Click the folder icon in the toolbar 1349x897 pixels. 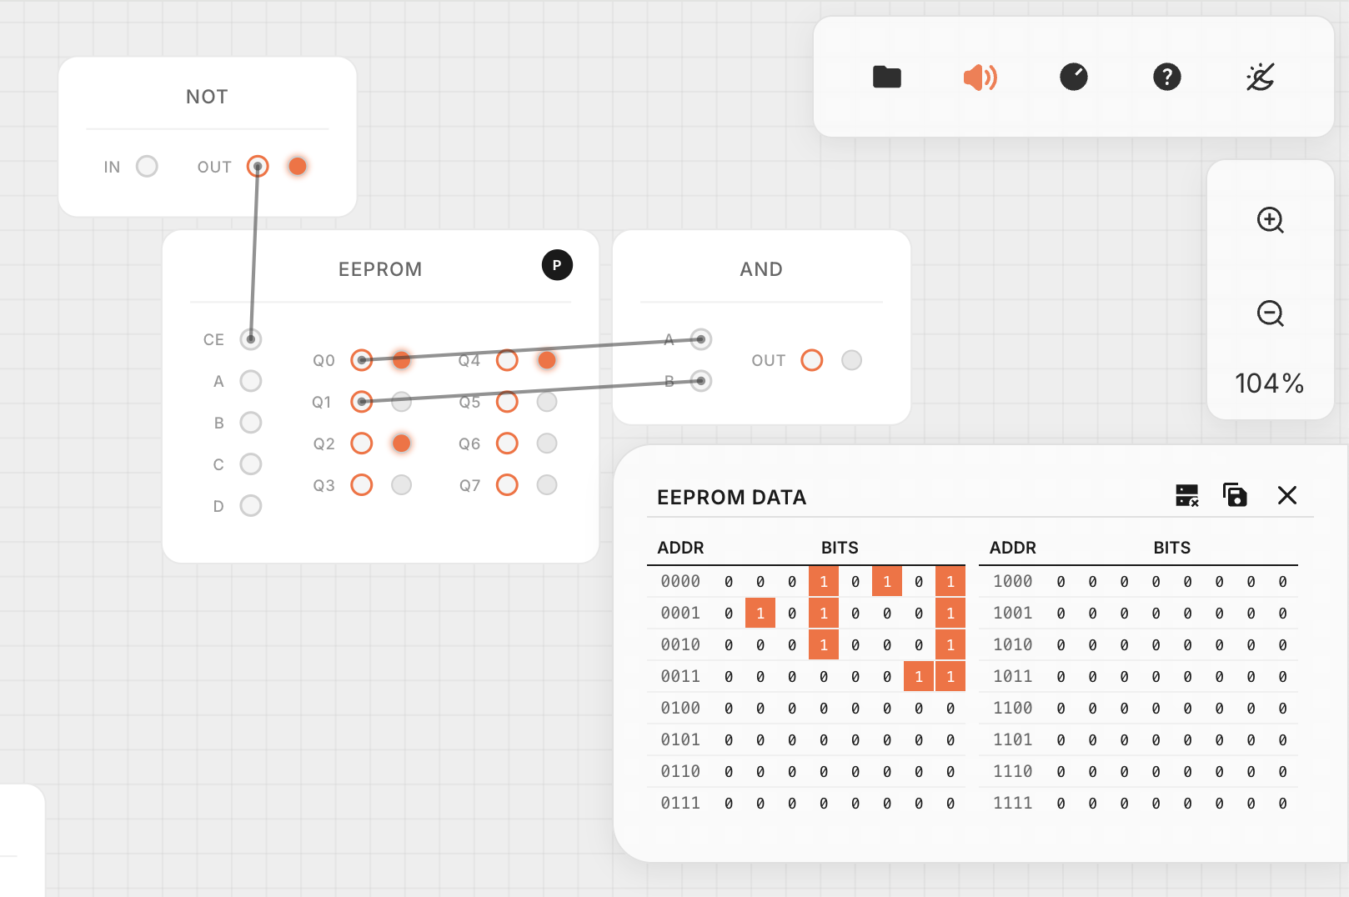(886, 77)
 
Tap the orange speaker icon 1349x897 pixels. (980, 77)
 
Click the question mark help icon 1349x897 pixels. (1166, 77)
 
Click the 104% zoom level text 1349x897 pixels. (1270, 383)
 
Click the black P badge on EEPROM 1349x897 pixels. (557, 265)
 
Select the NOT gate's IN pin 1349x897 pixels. (147, 166)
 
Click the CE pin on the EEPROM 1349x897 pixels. (250, 339)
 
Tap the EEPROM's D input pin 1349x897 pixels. (250, 506)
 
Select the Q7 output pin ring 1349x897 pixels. (507, 484)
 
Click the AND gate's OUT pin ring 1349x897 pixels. (812, 360)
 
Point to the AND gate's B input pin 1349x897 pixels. (701, 380)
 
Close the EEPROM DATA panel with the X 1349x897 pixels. (1287, 495)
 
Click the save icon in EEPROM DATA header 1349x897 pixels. (1235, 495)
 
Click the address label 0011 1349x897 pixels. (680, 676)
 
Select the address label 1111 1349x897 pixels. (1013, 803)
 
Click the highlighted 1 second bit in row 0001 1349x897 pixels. (760, 613)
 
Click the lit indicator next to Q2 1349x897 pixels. (401, 443)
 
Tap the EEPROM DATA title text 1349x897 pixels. (732, 497)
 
